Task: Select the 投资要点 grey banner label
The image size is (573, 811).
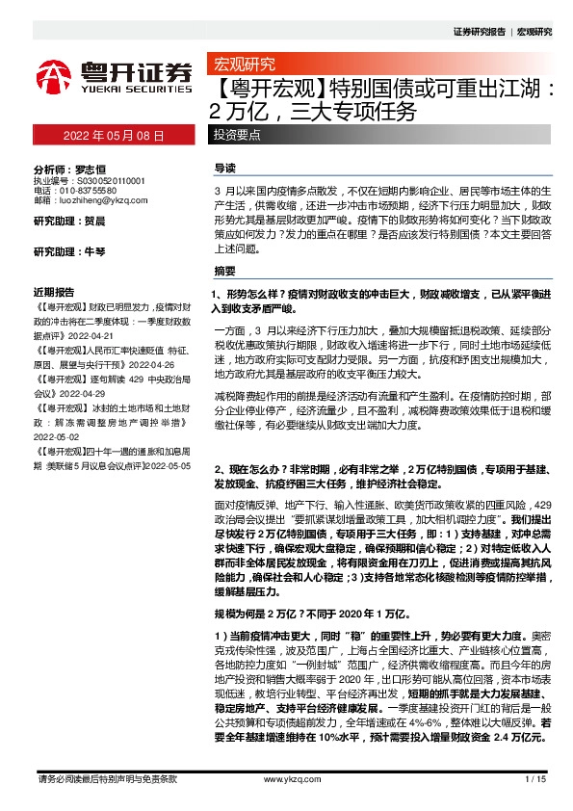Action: (237, 136)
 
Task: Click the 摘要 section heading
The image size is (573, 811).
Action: (224, 271)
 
